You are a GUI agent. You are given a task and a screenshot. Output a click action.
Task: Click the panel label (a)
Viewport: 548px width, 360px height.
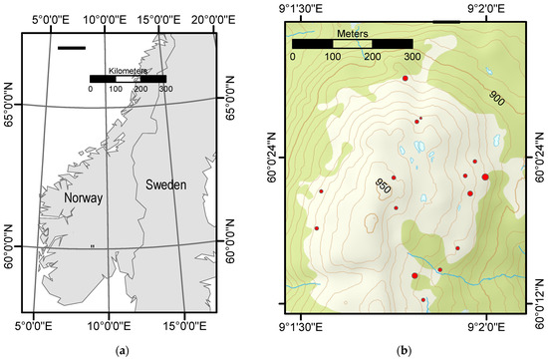[x=123, y=348]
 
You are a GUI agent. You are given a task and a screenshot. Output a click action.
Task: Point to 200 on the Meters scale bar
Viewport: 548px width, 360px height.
[x=372, y=57]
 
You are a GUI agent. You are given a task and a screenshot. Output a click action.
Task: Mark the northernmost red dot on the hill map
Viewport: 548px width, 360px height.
[x=405, y=77]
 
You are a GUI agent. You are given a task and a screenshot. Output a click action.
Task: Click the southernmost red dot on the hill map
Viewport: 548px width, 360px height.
[x=422, y=299]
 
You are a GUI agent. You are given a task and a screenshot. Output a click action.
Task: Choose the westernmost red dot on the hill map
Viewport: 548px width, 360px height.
[x=321, y=190]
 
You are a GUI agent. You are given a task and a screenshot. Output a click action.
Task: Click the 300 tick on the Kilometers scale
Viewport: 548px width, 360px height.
[x=166, y=90]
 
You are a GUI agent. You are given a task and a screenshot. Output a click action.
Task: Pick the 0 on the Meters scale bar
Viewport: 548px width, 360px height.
[x=292, y=57]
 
